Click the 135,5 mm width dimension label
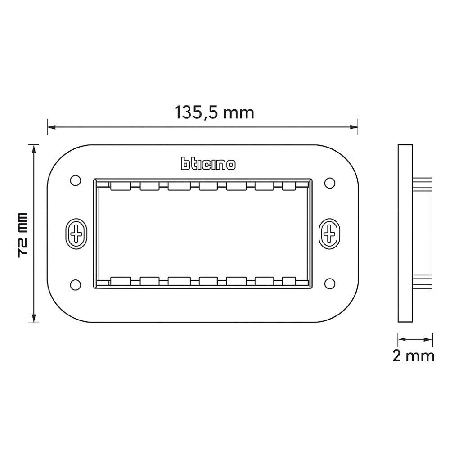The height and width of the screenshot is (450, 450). click(x=215, y=112)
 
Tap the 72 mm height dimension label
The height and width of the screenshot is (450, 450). click(x=23, y=234)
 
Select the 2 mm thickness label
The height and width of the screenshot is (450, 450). click(x=414, y=355)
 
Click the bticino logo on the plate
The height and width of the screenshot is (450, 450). click(x=208, y=164)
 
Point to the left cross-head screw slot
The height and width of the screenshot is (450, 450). click(x=77, y=234)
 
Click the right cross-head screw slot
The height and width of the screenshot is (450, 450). click(x=330, y=234)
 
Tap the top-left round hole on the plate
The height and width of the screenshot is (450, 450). click(x=76, y=181)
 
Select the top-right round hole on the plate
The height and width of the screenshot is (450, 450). click(x=330, y=183)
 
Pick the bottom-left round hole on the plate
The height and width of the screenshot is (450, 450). click(x=76, y=284)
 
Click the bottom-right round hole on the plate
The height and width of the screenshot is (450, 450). click(x=330, y=283)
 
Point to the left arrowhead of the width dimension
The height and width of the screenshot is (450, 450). click(x=51, y=127)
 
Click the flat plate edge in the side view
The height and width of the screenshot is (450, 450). click(x=405, y=234)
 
